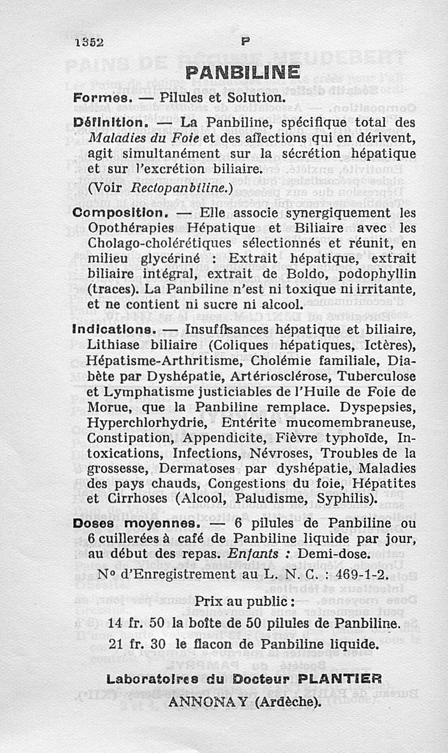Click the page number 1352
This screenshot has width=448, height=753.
pyautogui.click(x=89, y=43)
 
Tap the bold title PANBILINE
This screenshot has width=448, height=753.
pyautogui.click(x=242, y=73)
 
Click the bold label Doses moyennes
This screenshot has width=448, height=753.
pyautogui.click(x=137, y=524)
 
